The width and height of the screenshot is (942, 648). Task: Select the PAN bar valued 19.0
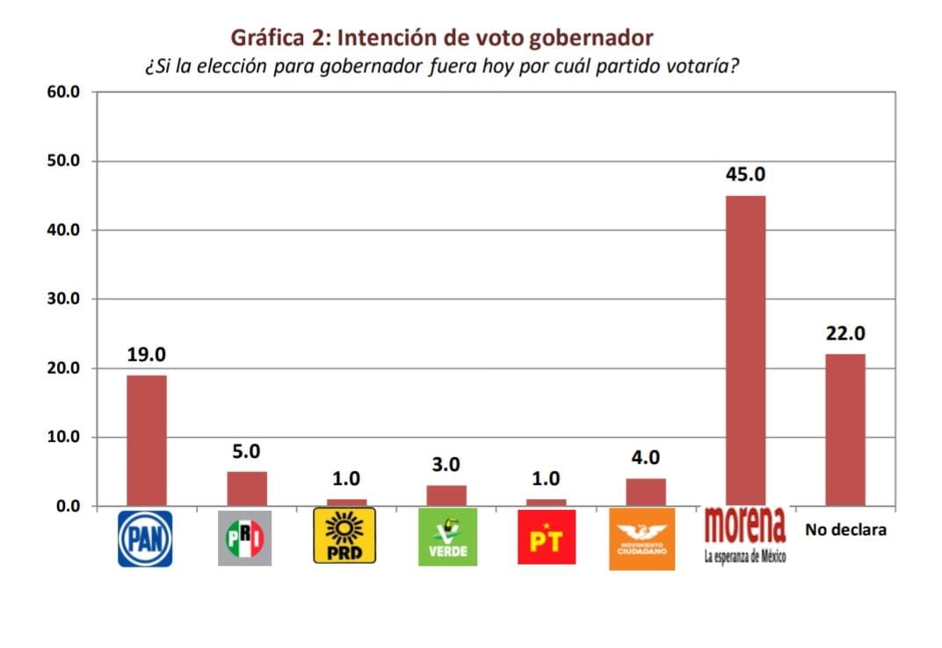pyautogui.click(x=146, y=440)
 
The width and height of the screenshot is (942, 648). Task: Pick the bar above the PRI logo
pyautogui.click(x=246, y=488)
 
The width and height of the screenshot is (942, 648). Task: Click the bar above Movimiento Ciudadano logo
pyautogui.click(x=646, y=491)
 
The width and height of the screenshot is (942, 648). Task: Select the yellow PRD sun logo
pyautogui.click(x=344, y=535)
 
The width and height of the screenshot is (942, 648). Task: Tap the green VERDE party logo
pyautogui.click(x=447, y=536)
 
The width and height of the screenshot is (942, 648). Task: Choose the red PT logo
pyautogui.click(x=547, y=537)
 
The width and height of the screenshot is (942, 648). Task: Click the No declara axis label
pyautogui.click(x=845, y=530)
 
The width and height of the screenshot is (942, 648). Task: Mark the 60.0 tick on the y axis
pyautogui.click(x=64, y=92)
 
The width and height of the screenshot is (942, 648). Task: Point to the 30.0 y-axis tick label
pyautogui.click(x=64, y=299)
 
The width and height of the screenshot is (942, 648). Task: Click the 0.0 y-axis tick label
pyautogui.click(x=68, y=506)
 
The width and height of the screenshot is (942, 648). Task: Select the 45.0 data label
pyautogui.click(x=745, y=175)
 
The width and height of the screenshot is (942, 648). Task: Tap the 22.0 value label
pyautogui.click(x=845, y=334)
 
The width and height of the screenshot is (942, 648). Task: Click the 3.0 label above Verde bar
pyautogui.click(x=446, y=465)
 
